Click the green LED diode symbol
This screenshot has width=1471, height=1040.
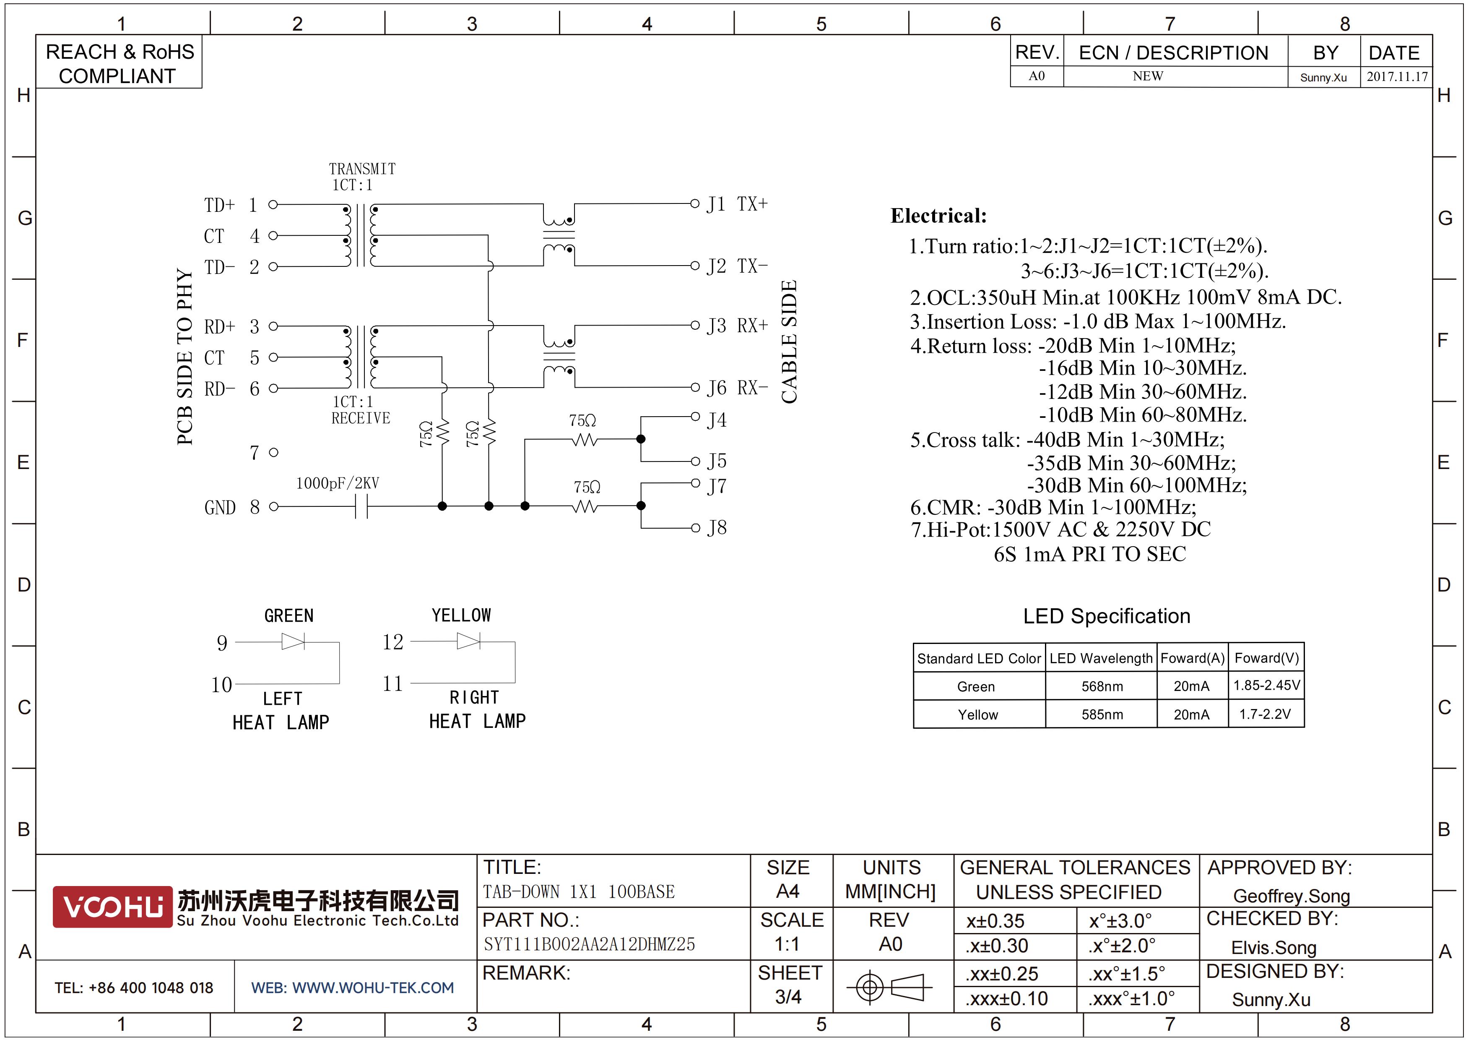[294, 641]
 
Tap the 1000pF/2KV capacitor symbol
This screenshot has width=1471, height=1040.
[361, 507]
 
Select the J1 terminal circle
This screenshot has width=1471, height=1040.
[694, 204]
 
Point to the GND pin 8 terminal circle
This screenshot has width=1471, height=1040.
[273, 507]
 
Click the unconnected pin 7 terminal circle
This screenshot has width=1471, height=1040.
[273, 452]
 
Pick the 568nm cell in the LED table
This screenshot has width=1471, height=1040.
[1102, 686]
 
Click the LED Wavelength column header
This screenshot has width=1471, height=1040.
[1101, 658]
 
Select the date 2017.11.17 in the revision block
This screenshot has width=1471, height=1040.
[1397, 77]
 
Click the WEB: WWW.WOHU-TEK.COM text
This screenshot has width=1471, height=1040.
[352, 988]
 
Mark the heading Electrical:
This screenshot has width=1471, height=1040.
[938, 216]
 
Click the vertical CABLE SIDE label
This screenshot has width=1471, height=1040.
[789, 341]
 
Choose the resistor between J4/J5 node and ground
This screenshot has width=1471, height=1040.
[584, 440]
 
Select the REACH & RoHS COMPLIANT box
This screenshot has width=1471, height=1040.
[119, 62]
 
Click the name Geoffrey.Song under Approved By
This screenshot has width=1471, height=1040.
[1292, 896]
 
